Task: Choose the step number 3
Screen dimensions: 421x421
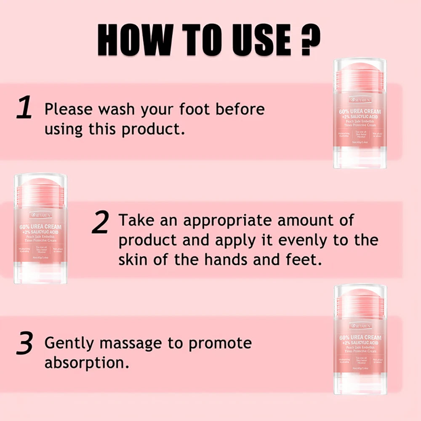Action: click(24, 344)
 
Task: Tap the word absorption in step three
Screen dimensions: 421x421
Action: click(87, 363)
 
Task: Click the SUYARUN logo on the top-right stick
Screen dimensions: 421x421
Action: click(360, 100)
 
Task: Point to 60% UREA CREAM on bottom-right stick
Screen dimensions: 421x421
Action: click(360, 338)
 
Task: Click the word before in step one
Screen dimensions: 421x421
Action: click(240, 109)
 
